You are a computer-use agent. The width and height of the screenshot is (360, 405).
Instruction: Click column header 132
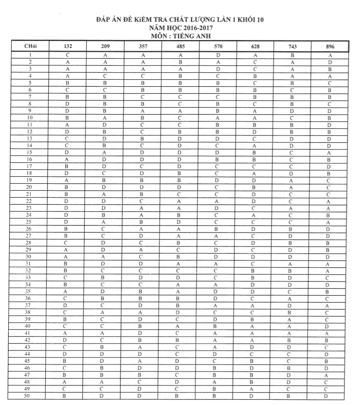68,47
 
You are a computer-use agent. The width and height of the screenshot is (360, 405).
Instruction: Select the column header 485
180,47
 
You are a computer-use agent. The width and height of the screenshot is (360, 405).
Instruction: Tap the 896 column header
330,47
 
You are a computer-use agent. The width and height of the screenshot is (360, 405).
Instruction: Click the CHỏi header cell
31,47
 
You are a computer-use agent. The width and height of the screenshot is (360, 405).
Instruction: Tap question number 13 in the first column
31,138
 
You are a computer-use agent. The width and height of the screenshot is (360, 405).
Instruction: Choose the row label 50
31,396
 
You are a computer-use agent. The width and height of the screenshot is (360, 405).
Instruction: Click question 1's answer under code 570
218,55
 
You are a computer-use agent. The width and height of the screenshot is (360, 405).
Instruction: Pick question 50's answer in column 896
330,396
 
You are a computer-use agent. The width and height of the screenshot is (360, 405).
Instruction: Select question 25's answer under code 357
143,222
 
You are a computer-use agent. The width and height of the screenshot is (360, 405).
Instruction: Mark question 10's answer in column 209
105,118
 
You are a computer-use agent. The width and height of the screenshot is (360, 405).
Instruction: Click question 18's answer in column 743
292,173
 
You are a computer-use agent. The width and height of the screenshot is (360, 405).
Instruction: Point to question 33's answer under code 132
68,277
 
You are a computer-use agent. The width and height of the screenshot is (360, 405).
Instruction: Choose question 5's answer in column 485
180,83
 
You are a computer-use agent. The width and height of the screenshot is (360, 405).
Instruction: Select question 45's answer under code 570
218,361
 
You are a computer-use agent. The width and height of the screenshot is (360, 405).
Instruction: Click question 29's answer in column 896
330,250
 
